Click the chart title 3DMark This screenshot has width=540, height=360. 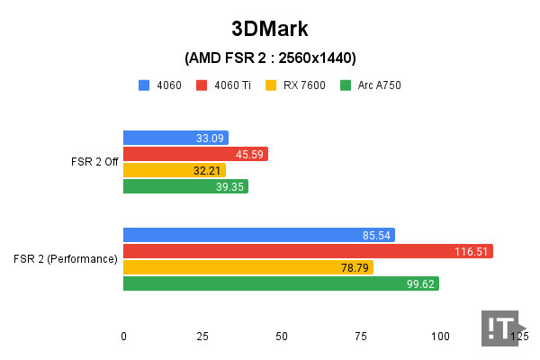(270, 29)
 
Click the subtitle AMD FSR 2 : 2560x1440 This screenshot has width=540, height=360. (270, 58)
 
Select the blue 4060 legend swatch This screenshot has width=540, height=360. (144, 85)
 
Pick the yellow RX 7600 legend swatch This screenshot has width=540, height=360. (270, 85)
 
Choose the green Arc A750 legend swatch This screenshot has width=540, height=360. (346, 85)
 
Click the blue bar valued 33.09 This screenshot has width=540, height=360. (175, 138)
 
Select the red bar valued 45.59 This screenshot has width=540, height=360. (195, 154)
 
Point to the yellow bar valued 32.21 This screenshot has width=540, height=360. (174, 170)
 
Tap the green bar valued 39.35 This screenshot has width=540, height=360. (185, 186)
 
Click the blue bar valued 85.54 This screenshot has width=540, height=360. (258, 235)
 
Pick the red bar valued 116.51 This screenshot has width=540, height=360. (308, 251)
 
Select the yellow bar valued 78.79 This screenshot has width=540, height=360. (247, 267)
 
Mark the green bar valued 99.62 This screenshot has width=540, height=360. (281, 283)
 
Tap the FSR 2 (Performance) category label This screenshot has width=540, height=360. (66, 259)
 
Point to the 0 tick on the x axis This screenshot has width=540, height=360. (123, 336)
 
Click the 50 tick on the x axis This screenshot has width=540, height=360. (282, 336)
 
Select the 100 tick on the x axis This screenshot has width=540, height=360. (440, 336)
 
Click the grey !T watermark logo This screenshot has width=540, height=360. (501, 328)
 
